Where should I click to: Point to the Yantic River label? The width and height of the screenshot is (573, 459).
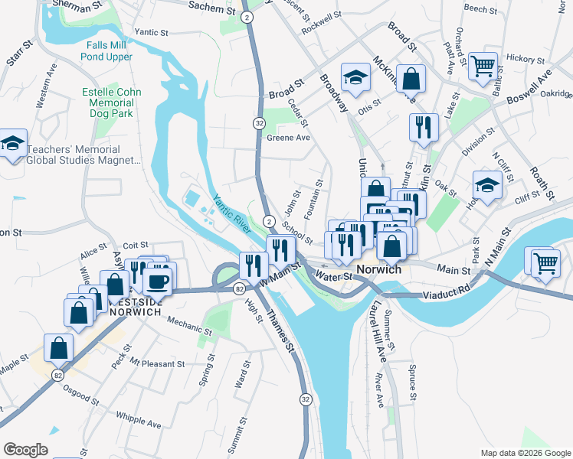point(232,213)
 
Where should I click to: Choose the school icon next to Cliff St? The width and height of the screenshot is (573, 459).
point(486,185)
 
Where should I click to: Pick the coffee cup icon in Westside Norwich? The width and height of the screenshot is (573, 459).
point(158,281)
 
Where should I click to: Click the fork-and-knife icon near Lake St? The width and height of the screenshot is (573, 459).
point(424,128)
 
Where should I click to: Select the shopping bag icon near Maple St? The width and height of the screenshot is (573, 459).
point(59,348)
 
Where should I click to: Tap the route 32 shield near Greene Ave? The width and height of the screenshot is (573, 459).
point(259,123)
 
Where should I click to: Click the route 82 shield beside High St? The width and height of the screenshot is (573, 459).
point(240,288)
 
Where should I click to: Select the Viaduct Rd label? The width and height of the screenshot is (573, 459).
point(445,292)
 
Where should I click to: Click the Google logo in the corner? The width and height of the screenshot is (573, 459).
point(25,449)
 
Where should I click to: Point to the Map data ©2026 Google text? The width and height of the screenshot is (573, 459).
point(526,453)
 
